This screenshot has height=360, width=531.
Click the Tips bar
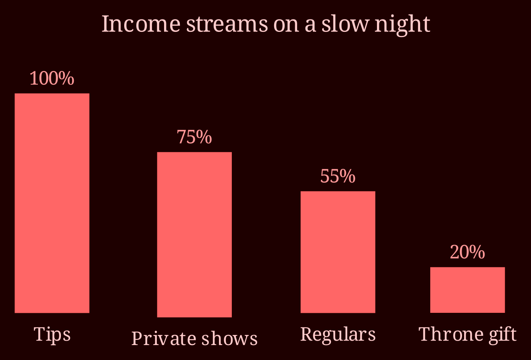[52, 203]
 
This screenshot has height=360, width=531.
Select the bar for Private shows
[194, 235]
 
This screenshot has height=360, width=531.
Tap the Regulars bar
[338, 252]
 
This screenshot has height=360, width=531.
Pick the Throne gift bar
[467, 290]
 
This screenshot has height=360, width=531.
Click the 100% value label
[52, 78]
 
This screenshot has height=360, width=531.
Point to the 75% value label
[194, 137]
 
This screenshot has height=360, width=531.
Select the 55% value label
[338, 176]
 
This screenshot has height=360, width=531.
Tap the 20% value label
[467, 252]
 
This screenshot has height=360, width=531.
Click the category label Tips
[52, 335]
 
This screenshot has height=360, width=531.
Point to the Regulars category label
[338, 335]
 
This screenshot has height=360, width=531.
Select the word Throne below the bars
[451, 334]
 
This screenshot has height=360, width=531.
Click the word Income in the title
[141, 23]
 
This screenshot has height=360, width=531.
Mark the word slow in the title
[345, 23]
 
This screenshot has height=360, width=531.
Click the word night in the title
[402, 25]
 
